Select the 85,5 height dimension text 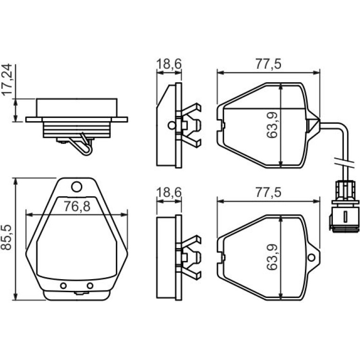(6, 237)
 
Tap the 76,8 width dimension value (77, 206)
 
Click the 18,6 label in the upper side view (169, 64)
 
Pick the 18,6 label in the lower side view (169, 192)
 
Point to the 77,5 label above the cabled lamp (268, 64)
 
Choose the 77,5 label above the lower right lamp (268, 192)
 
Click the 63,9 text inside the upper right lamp (272, 125)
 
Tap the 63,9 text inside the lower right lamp (272, 257)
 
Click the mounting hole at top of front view (77, 187)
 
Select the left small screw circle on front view (64, 286)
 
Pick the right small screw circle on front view (90, 286)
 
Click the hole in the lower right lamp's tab (311, 257)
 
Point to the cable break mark (345, 162)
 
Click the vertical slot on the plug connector (345, 217)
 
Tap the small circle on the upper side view (171, 125)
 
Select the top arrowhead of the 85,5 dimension (15, 181)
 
